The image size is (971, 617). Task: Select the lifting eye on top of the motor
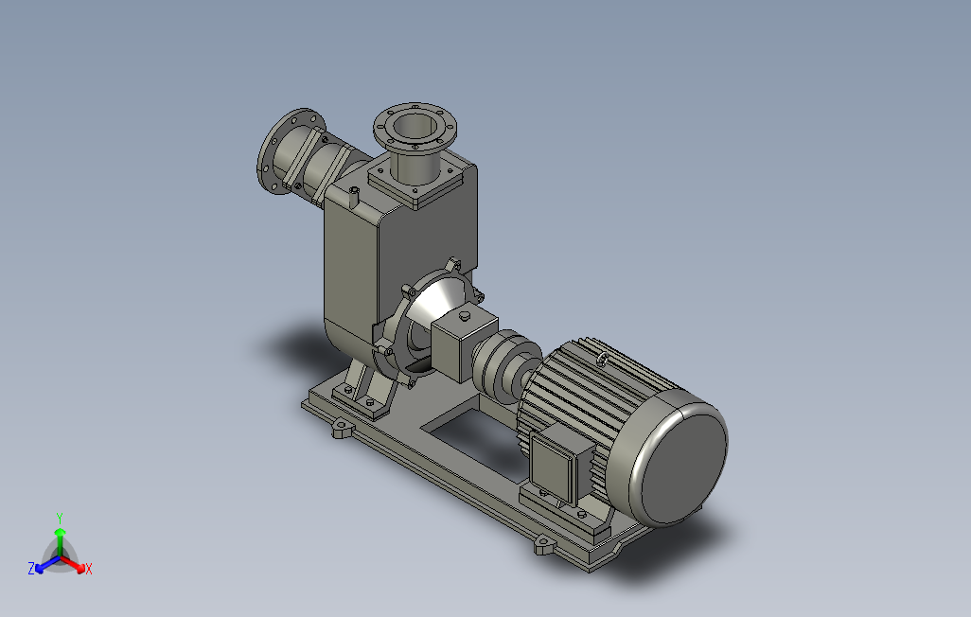[x=603, y=359]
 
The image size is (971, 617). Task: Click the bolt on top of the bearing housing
[x=465, y=317]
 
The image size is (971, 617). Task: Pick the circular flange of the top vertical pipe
[x=415, y=129]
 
